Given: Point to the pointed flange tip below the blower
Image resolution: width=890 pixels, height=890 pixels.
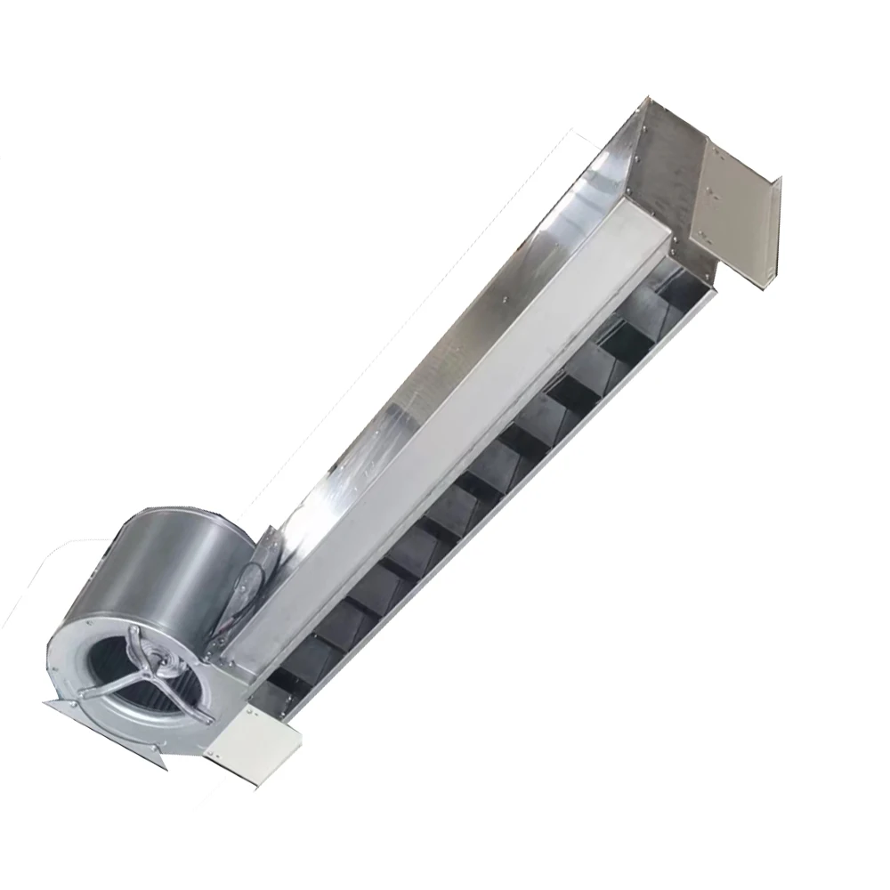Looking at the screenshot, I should [163, 761].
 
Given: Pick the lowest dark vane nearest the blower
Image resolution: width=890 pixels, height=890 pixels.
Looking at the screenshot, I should [294, 663].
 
